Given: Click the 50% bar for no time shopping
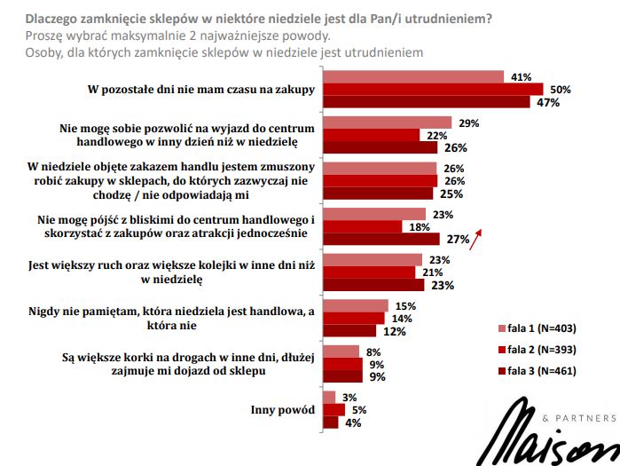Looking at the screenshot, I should (x=433, y=89).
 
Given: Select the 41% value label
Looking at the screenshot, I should (x=522, y=76).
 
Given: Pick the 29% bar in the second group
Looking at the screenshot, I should (x=388, y=122).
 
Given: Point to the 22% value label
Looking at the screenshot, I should (x=435, y=135).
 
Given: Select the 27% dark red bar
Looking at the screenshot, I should (x=381, y=239).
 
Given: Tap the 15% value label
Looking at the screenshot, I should (x=406, y=306).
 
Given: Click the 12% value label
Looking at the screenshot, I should (x=396, y=332).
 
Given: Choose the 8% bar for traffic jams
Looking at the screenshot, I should (x=341, y=351).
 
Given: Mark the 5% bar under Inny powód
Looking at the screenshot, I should (x=333, y=410).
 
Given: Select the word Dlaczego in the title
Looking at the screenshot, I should (x=57, y=19).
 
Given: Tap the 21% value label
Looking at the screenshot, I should (x=432, y=272).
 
